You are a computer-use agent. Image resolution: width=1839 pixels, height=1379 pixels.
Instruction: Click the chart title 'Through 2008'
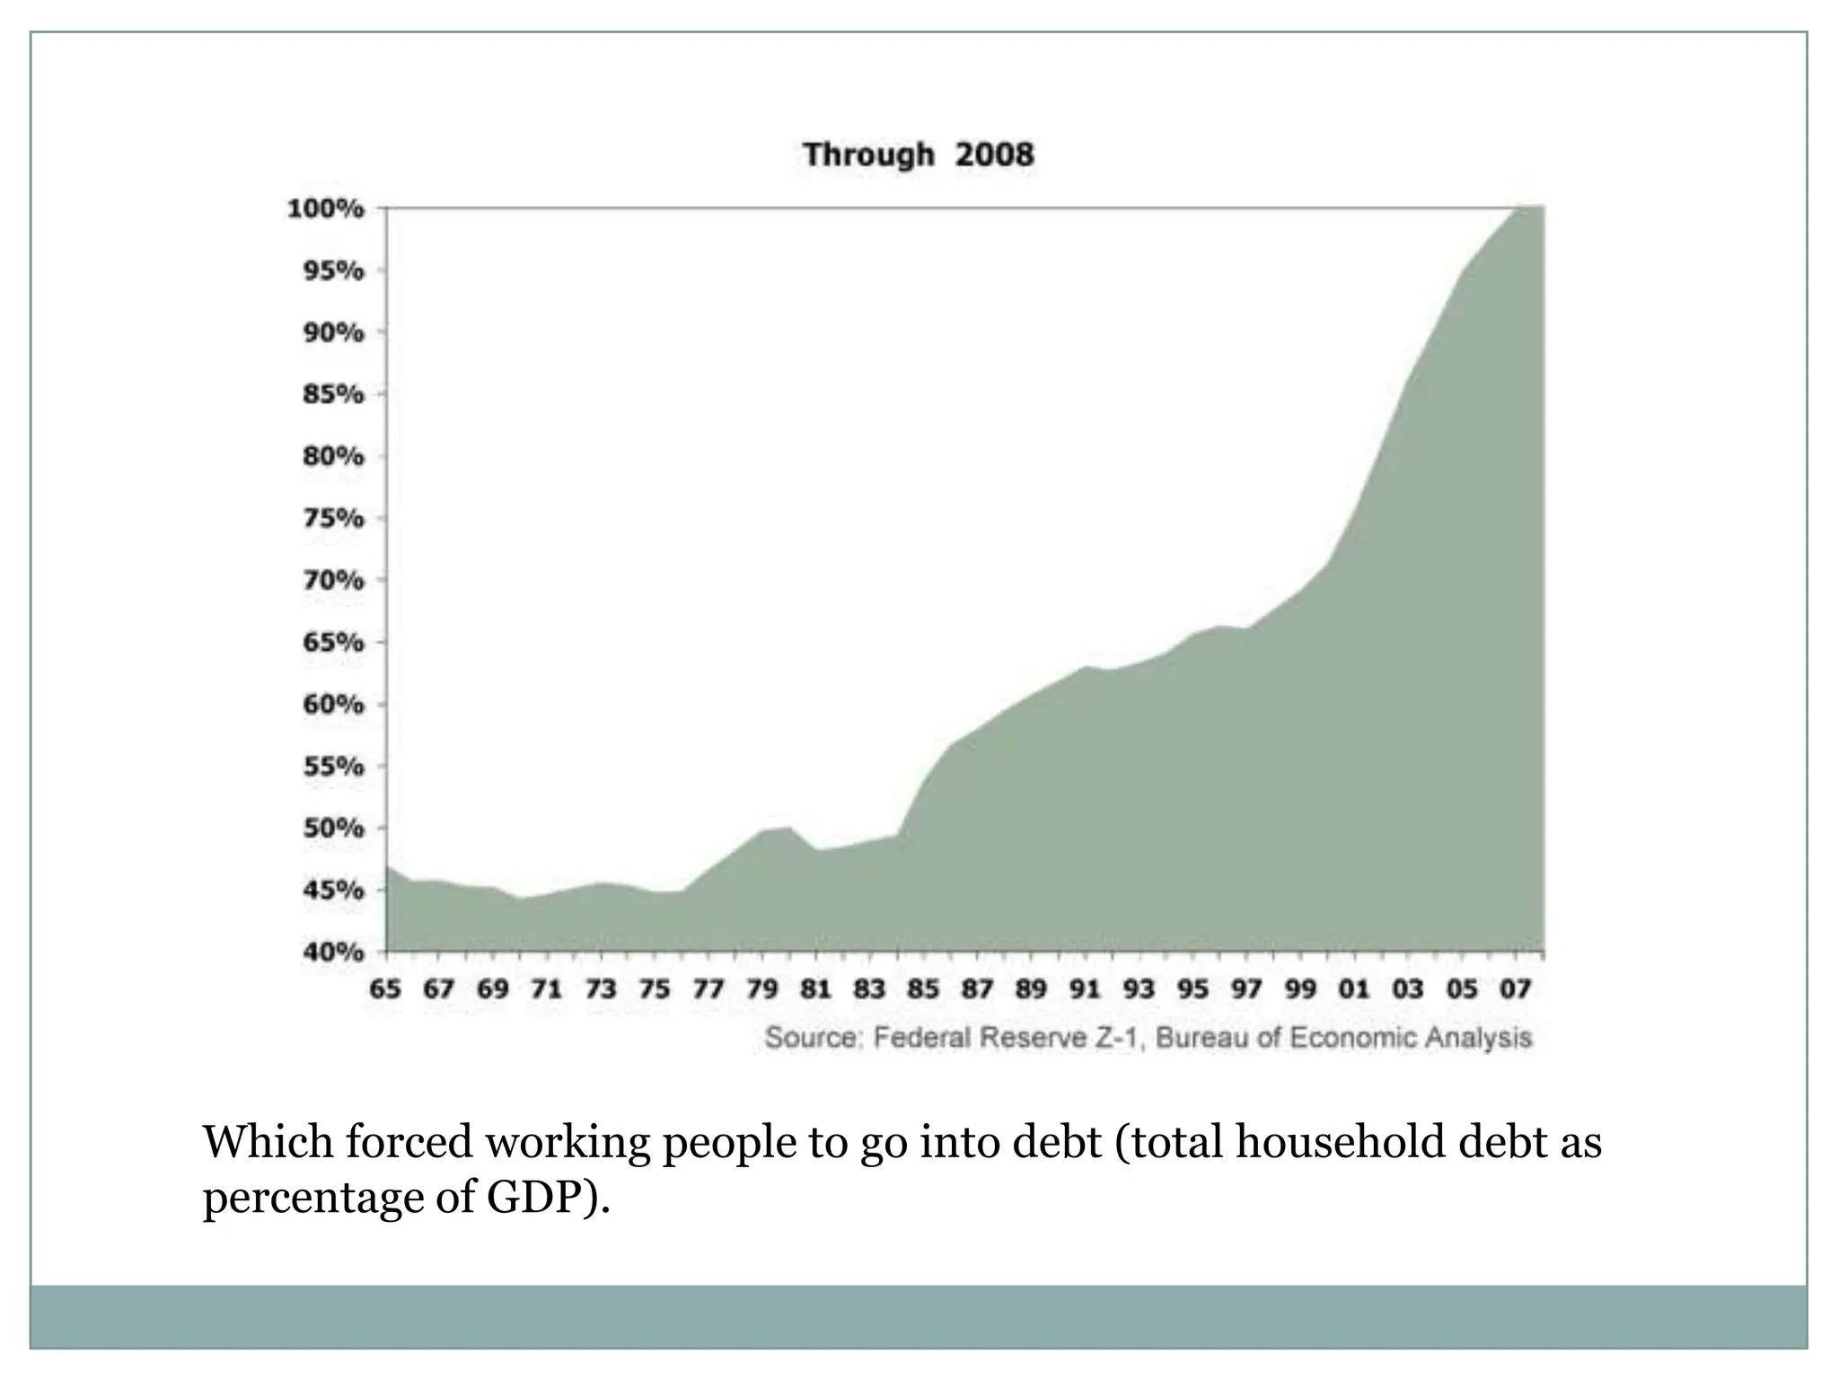(x=918, y=154)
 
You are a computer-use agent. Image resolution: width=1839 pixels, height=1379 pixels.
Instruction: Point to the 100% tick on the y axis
(x=325, y=209)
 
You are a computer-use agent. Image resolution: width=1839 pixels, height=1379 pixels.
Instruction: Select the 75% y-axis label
(x=333, y=519)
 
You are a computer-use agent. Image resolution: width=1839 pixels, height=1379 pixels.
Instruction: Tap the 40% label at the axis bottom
(x=333, y=952)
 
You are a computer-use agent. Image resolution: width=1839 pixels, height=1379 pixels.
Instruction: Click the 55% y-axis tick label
(x=333, y=767)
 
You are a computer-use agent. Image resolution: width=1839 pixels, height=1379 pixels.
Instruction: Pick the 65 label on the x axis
(x=385, y=989)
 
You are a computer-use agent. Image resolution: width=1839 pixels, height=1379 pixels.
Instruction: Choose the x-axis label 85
(x=923, y=989)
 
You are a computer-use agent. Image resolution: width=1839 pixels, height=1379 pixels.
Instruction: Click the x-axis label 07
(x=1516, y=989)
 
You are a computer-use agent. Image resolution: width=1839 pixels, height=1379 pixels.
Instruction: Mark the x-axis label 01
(x=1354, y=989)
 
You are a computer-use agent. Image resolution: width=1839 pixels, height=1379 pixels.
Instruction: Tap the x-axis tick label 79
(x=761, y=989)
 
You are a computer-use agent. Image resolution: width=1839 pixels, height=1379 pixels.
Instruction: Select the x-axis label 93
(x=1139, y=989)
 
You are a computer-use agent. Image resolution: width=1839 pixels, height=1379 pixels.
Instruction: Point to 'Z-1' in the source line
(x=1117, y=1038)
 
